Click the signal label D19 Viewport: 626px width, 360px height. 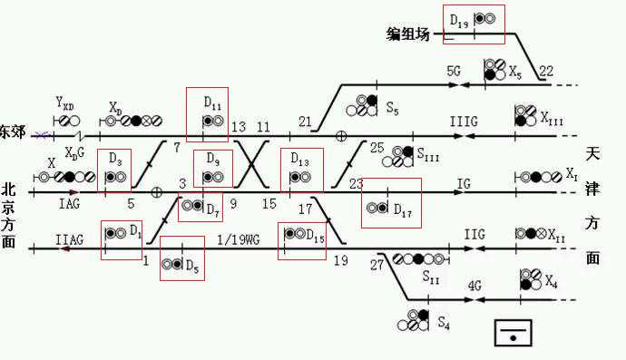click(x=459, y=18)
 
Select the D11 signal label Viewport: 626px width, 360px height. click(x=212, y=101)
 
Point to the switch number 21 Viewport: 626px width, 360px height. click(x=305, y=122)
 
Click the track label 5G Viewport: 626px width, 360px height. click(x=455, y=70)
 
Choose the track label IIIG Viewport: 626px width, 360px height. click(x=462, y=120)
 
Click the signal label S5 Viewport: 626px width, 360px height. click(x=392, y=108)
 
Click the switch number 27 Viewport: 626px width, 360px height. click(x=377, y=265)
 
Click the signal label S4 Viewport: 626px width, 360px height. click(x=443, y=321)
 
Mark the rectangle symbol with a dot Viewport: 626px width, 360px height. click(x=514, y=333)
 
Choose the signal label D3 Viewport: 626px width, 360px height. click(x=115, y=159)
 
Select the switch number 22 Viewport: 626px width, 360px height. click(x=546, y=71)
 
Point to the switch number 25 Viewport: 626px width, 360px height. click(x=377, y=148)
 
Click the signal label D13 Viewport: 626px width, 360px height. click(x=300, y=159)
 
